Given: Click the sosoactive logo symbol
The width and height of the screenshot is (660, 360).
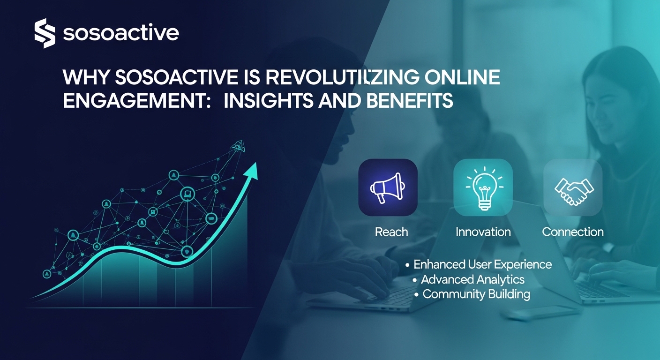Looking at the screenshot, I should coord(45,33).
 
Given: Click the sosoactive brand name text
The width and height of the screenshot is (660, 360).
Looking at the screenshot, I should coord(120,34).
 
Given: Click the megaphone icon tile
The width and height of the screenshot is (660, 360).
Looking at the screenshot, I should coord(388,187).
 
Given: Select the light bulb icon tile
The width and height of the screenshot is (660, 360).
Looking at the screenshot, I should coord(483,187).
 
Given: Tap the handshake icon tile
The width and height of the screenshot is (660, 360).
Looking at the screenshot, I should coord(573,187).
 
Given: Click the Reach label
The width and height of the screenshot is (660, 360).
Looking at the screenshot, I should coord(391,232).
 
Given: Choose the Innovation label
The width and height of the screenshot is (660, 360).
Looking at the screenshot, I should coord(483,232).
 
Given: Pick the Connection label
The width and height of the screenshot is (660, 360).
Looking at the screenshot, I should coord(573,232).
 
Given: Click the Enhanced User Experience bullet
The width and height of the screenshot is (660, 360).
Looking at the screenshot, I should coord(482,264).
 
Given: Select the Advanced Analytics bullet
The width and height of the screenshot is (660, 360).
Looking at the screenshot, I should coord(472,279).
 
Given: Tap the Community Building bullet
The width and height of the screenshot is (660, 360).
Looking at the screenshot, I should coord(476,294).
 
